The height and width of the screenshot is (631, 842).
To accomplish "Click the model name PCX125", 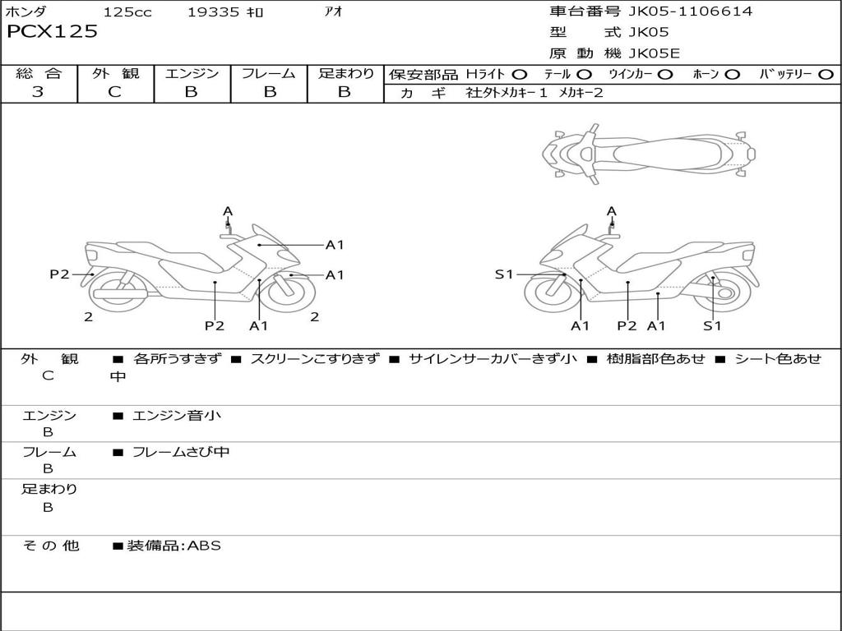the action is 52,32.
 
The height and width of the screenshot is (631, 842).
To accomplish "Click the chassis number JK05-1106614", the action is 690,12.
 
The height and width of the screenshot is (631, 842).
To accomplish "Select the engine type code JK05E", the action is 654,53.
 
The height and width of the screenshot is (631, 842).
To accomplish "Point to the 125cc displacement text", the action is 127,12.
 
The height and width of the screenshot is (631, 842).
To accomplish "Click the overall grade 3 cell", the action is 38,92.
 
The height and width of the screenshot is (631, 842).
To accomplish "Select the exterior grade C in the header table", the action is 115,92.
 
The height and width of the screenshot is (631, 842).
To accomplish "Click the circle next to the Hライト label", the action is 520,75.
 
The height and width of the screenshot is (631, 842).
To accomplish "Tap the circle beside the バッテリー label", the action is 826,75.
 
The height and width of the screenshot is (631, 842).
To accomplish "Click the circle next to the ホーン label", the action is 733,75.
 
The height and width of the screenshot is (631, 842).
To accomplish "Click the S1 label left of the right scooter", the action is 504,274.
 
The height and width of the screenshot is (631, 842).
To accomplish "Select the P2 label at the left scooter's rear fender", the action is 59,274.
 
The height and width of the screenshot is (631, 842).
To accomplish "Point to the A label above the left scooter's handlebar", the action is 228,211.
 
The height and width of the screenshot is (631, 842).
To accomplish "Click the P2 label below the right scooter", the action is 627,325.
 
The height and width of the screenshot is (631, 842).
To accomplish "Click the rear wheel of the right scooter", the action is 721,292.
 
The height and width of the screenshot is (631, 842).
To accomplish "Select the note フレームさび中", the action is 181,453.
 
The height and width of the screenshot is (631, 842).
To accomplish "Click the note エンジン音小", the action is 177,415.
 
